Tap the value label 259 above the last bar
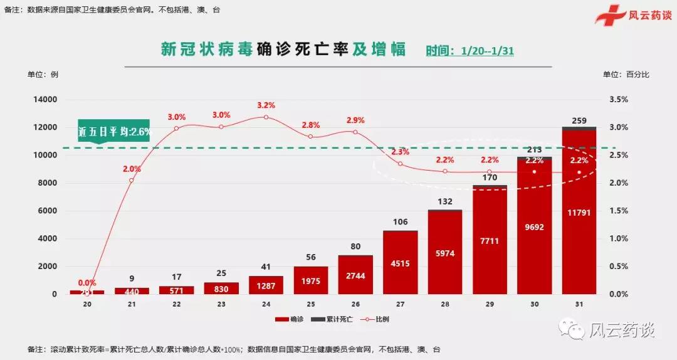[x=579, y=120]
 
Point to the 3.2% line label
[x=266, y=105]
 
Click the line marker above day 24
[x=266, y=117]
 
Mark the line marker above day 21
[x=132, y=181]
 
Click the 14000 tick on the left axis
[x=45, y=100]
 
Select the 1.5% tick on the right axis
[x=618, y=211]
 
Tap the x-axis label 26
[x=355, y=305]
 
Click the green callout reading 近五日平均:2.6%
[x=114, y=132]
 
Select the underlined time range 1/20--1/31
[x=487, y=51]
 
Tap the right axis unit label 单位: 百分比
[x=626, y=75]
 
